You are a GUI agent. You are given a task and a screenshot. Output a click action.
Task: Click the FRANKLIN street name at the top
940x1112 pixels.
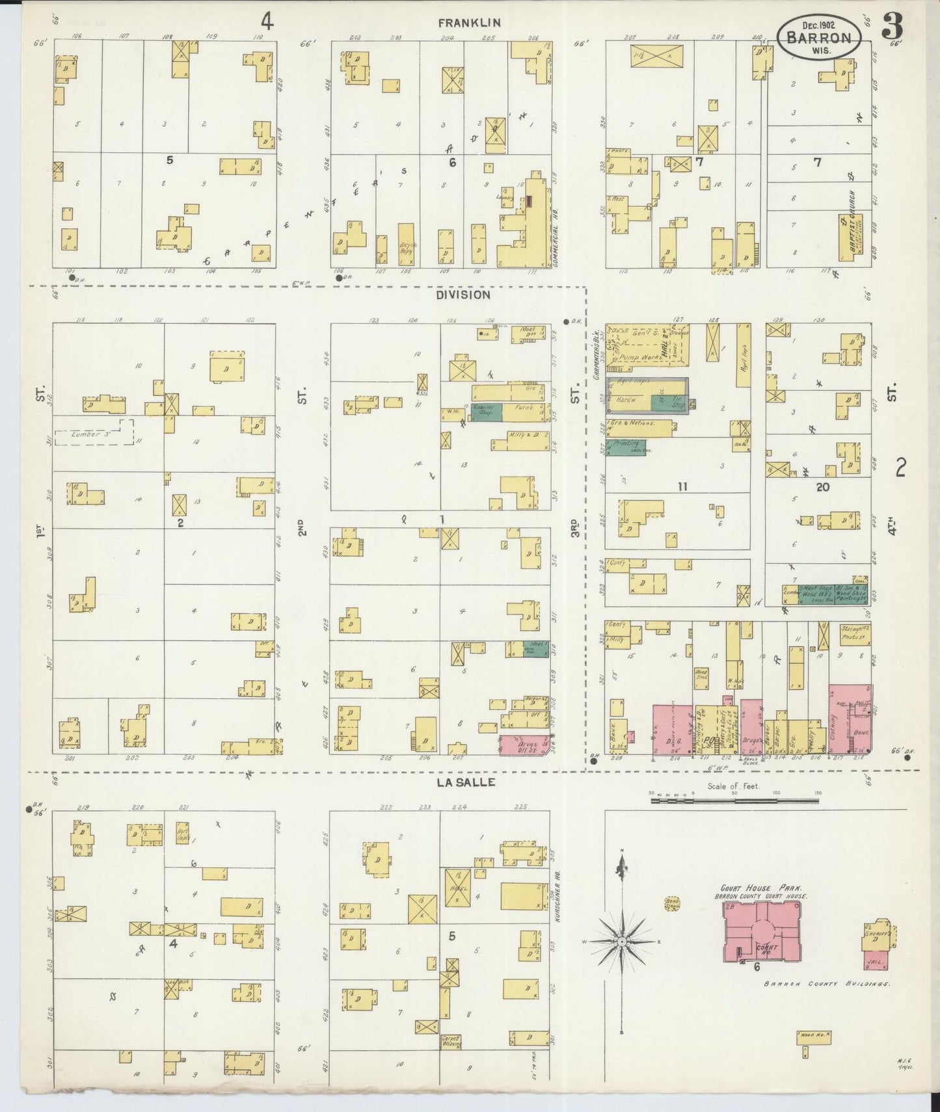[x=468, y=23]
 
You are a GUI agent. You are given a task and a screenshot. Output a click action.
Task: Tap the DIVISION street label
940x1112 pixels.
[x=463, y=295]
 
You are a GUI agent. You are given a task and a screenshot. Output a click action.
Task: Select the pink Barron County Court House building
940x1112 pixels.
[x=763, y=931]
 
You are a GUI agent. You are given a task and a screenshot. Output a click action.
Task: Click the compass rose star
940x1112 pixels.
[x=622, y=942]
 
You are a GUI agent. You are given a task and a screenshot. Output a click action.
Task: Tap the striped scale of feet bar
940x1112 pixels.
[x=735, y=803]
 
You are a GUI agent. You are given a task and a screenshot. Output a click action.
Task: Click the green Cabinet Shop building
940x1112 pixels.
[x=485, y=411]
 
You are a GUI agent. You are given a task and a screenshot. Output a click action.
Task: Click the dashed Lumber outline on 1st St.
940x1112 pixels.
[x=94, y=433]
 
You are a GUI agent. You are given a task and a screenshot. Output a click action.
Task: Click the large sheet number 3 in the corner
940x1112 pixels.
[x=892, y=27]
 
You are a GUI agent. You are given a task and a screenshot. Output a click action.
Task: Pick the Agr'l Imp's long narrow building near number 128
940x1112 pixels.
[x=744, y=356]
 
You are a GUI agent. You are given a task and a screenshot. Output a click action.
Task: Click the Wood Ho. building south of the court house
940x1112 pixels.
[x=814, y=1037]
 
